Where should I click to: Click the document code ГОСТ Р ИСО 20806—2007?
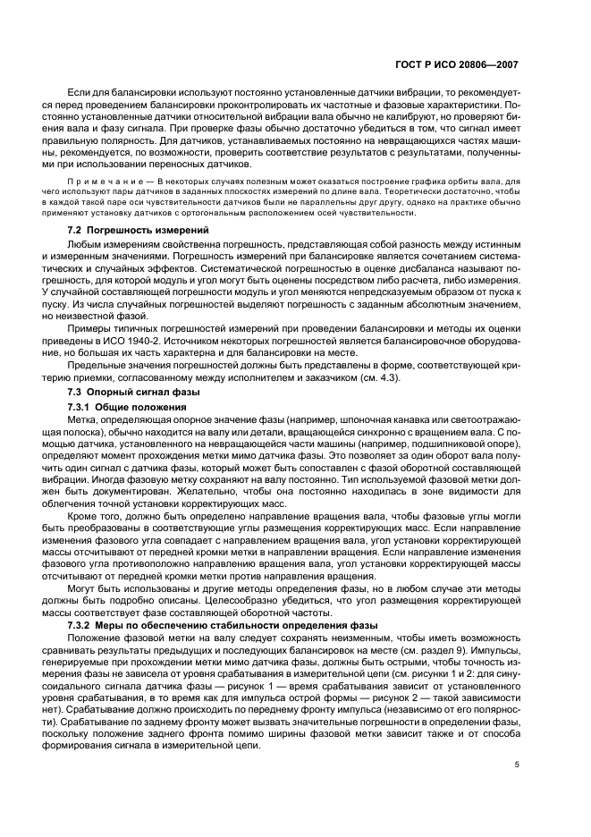pos(456,65)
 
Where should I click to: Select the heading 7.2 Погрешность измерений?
pos(123,231)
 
